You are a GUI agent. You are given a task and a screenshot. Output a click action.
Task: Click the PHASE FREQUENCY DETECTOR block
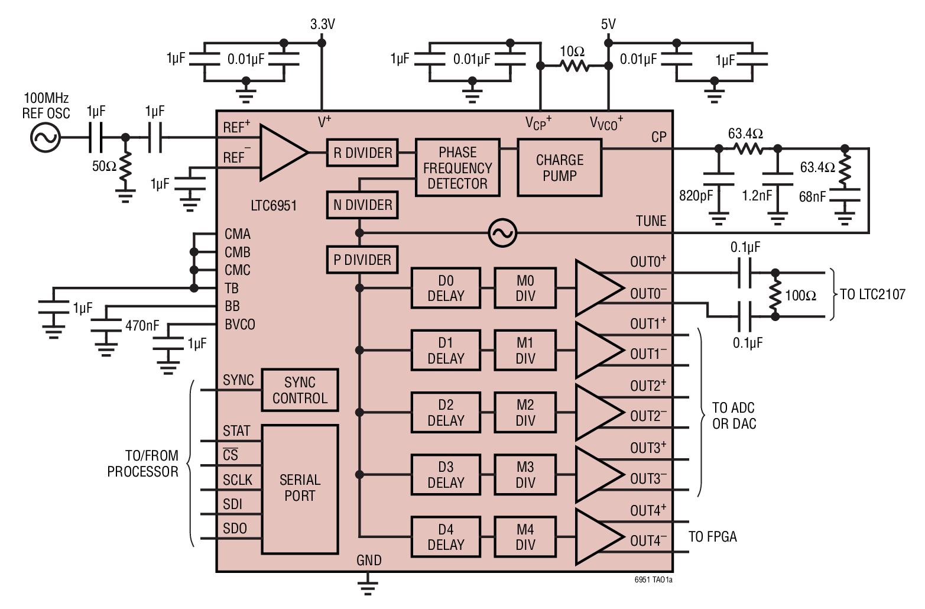click(x=457, y=168)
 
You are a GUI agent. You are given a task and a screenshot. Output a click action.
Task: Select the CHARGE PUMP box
click(x=559, y=168)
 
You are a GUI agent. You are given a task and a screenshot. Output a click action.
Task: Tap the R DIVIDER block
click(x=362, y=153)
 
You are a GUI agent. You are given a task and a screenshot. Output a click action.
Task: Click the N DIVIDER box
click(x=362, y=205)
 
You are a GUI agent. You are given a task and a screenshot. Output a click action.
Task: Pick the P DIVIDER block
click(x=362, y=260)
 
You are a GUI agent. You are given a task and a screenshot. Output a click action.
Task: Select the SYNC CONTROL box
click(x=300, y=390)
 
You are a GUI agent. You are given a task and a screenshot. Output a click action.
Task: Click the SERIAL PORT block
click(x=300, y=488)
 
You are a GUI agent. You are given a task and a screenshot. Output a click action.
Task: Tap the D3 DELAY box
click(x=446, y=475)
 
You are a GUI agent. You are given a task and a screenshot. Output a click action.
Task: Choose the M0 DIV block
click(x=525, y=289)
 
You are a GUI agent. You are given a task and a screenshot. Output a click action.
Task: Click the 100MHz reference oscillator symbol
click(x=45, y=138)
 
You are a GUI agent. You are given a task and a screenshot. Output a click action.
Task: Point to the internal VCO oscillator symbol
click(x=502, y=233)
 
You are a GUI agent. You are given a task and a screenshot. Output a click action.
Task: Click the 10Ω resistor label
click(x=572, y=52)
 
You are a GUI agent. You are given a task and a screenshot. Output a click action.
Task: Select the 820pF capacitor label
click(x=696, y=196)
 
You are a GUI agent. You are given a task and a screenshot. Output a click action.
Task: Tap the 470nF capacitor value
click(x=142, y=326)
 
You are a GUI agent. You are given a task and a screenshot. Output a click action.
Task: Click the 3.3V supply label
click(x=322, y=24)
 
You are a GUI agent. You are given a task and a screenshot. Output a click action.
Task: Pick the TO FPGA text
click(x=712, y=537)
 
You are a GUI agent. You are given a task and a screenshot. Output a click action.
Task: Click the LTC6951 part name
click(x=274, y=206)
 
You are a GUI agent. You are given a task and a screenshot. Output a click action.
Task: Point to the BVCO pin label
click(x=239, y=325)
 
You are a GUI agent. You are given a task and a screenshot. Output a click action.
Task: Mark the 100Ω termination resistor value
click(x=800, y=296)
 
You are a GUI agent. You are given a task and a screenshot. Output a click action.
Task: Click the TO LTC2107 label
click(x=872, y=294)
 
